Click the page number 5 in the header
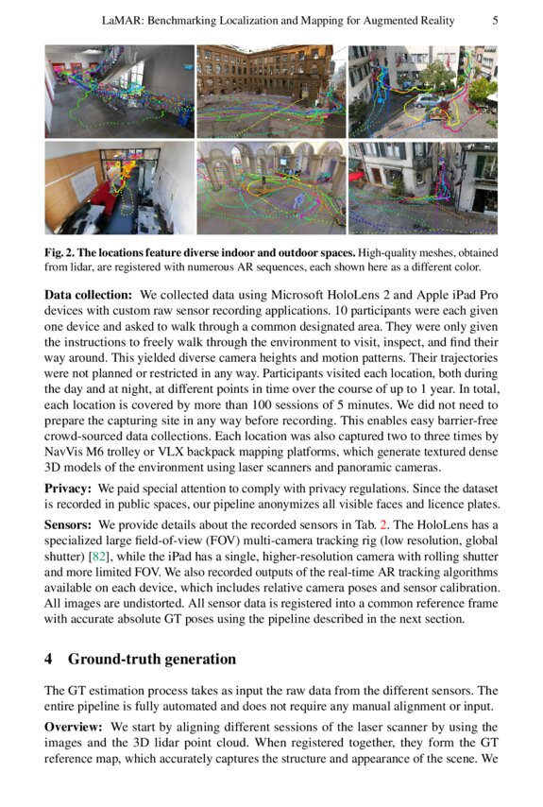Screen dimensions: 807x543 [496, 20]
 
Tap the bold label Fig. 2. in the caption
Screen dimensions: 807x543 [64, 251]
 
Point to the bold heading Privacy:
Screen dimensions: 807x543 [69, 489]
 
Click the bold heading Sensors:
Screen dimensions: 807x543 [69, 524]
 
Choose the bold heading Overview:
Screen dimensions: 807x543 [75, 727]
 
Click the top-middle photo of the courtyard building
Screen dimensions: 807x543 [270, 91]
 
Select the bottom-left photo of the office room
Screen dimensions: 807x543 [118, 188]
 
